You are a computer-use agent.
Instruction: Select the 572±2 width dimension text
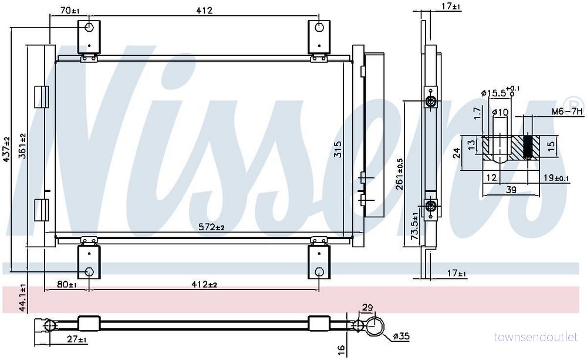click(x=211, y=227)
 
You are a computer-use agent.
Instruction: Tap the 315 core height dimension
click(x=338, y=149)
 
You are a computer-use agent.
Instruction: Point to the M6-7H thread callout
click(x=568, y=111)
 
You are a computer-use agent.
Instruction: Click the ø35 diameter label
click(x=402, y=337)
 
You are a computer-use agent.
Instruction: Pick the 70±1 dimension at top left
click(x=70, y=11)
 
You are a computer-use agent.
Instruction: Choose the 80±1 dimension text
click(x=66, y=284)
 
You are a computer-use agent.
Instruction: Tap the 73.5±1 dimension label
click(x=414, y=226)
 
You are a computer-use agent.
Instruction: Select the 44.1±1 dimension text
click(x=22, y=298)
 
